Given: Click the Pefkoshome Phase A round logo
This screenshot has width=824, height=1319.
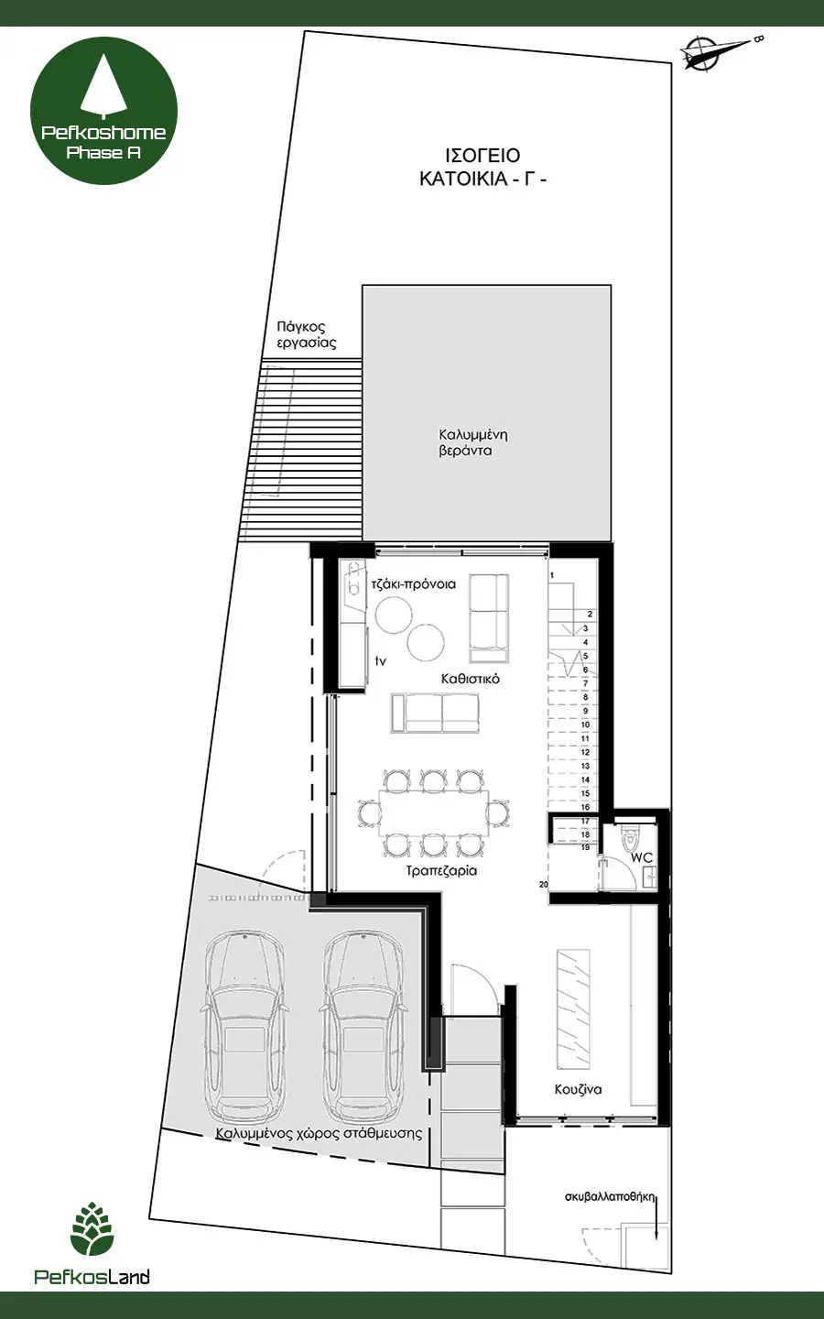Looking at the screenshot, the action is coord(103,110).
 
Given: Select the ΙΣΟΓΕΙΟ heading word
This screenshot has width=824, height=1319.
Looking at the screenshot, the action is coord(482,156).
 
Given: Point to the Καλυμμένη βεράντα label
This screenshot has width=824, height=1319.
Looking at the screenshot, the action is coord(473,442).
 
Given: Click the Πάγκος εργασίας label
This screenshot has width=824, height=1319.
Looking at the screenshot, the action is coord(307,334).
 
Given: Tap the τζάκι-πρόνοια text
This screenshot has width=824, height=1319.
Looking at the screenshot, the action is coord(414,584).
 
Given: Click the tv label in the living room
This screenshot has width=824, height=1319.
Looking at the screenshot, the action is coord(381,660).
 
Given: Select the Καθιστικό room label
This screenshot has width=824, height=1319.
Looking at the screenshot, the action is coord(471,679).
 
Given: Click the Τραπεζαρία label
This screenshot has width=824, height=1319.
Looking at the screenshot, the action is coord(441,870).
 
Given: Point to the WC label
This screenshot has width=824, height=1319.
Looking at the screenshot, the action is coord(642,857).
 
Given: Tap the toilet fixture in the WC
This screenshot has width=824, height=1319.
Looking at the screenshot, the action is coord(630,836).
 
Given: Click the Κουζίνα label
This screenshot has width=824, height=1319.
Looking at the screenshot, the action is coord(578,1089).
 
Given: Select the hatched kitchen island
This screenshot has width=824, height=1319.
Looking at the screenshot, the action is coord(573,1009).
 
